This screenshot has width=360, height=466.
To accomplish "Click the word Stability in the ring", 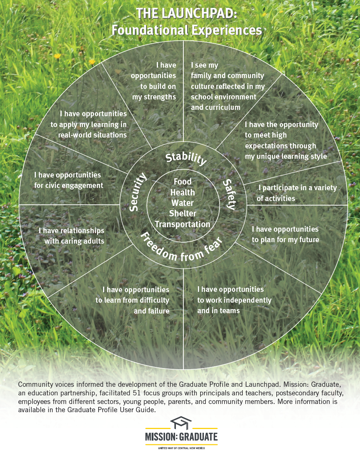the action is click(186, 159).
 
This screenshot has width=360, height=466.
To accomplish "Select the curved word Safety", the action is click(230, 194).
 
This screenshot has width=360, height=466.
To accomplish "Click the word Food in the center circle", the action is click(183, 182).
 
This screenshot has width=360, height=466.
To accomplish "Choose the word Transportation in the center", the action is click(183, 224).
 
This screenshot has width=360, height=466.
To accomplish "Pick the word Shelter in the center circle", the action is click(183, 213).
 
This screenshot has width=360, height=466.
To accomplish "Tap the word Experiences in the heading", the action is click(227, 30).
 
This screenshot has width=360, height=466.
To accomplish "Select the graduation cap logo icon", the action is click(181, 423).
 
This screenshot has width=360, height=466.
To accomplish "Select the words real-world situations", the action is click(93, 135).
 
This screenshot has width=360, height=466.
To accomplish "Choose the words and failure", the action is click(152, 311).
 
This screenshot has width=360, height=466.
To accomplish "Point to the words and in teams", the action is click(218, 311).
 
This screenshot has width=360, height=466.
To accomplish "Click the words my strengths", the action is click(154, 97).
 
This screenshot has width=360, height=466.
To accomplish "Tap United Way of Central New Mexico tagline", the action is click(181, 448).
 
